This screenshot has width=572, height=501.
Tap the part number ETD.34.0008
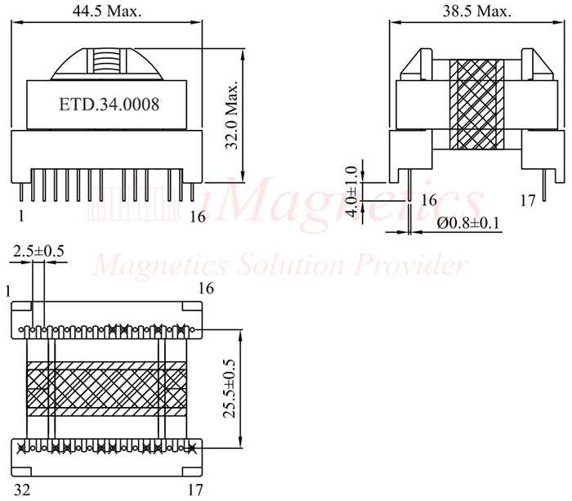pos(109,105)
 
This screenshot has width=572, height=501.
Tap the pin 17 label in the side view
pos(528,199)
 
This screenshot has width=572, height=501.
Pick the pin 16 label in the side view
pos(429,199)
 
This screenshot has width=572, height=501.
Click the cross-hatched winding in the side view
pos(477,105)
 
